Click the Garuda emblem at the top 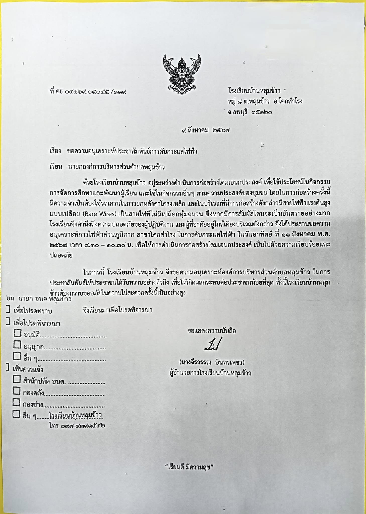pos(182,74)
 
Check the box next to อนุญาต pos(17,345)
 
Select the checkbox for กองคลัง pos(17,391)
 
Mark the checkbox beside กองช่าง pos(17,403)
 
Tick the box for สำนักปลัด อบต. pos(17,379)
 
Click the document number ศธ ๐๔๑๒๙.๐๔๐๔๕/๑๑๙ pos(88,92)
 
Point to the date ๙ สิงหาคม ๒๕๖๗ pos(206,130)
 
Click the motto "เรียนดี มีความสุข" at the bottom pos(189,467)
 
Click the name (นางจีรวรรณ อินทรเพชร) pos(212,362)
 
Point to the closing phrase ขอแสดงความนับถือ pos(212,331)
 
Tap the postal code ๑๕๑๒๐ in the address pos(262,112)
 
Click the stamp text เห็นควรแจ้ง pos(28,369)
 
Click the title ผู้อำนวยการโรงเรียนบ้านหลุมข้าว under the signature pos(210,373)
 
